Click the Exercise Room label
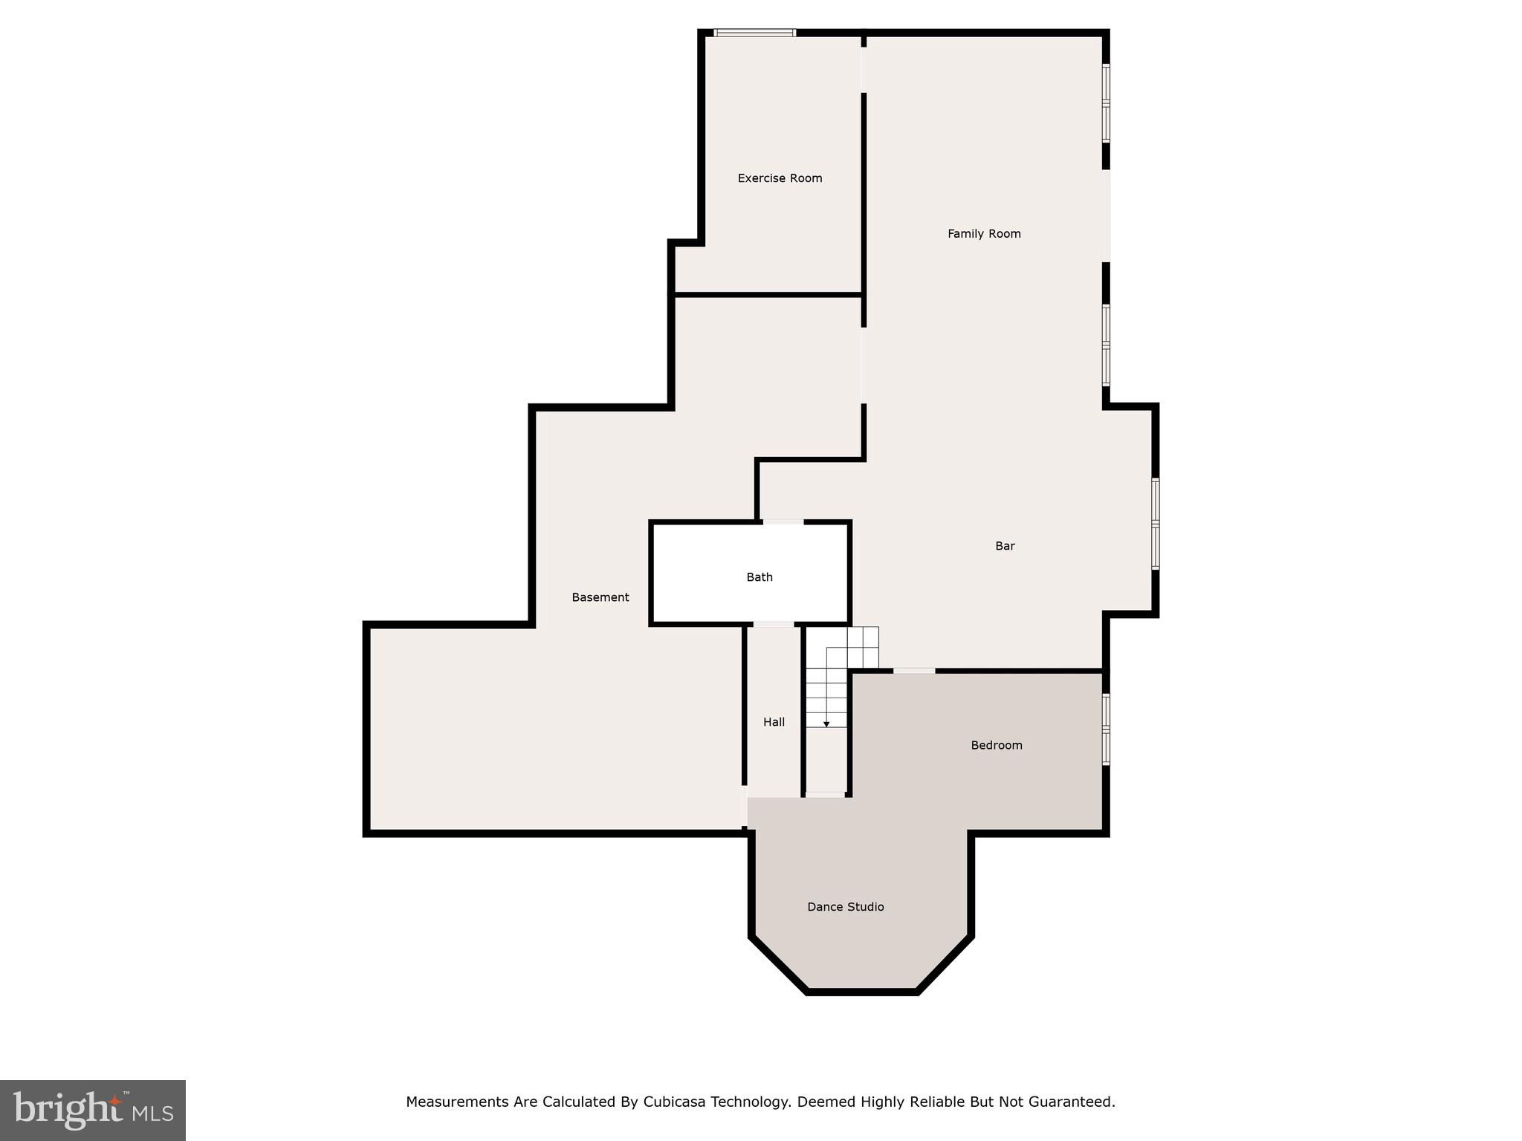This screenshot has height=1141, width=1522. [780, 178]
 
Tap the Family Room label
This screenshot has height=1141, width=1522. [984, 234]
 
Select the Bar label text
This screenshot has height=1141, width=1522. [1005, 546]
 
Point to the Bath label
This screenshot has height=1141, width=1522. [760, 577]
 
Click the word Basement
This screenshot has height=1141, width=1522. [600, 597]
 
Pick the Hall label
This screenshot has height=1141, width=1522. [774, 722]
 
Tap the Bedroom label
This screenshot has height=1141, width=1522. [997, 745]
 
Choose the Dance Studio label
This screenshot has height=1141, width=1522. [846, 907]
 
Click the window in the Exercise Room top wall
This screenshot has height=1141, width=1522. [755, 33]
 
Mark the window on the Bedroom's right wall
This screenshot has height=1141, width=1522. [1106, 729]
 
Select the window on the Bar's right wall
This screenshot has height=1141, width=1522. [1156, 524]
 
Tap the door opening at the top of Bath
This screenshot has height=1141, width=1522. [783, 522]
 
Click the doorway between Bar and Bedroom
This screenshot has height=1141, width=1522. [914, 671]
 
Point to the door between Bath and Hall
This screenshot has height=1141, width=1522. [774, 625]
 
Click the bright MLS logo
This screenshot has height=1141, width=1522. [93, 1111]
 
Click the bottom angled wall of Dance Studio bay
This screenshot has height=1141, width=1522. [862, 992]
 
